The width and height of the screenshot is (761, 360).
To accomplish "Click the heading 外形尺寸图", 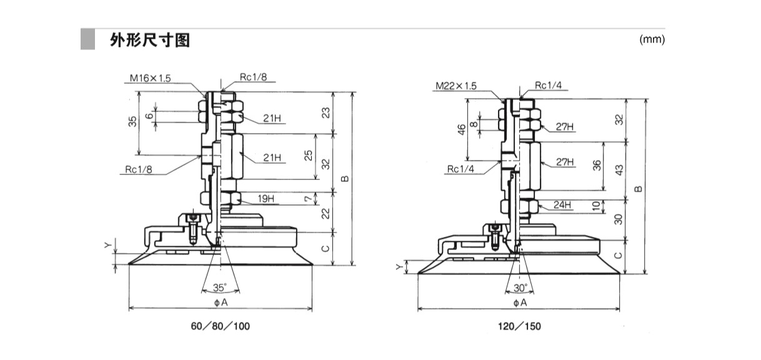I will click(x=149, y=41).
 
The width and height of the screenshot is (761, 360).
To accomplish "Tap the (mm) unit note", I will click(x=652, y=39).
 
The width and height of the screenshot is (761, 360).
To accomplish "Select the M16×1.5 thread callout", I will click(x=150, y=79).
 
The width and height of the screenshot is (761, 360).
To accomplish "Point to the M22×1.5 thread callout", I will click(x=455, y=86).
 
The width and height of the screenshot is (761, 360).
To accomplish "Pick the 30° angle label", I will click(x=520, y=288).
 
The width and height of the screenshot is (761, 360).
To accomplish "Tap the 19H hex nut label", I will click(x=266, y=199).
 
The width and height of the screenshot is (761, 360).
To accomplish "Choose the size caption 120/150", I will click(x=520, y=326).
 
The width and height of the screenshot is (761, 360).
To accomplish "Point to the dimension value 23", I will click(x=325, y=112).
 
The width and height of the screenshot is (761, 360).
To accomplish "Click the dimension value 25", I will click(x=309, y=156).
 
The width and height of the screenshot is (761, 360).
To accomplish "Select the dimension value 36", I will click(x=597, y=165).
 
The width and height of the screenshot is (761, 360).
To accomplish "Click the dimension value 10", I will click(x=597, y=205).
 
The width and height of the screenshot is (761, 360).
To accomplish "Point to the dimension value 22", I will click(x=325, y=212).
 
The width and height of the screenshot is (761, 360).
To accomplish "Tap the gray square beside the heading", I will click(x=87, y=40).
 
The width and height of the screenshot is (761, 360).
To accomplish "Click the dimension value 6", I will click(x=149, y=116).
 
